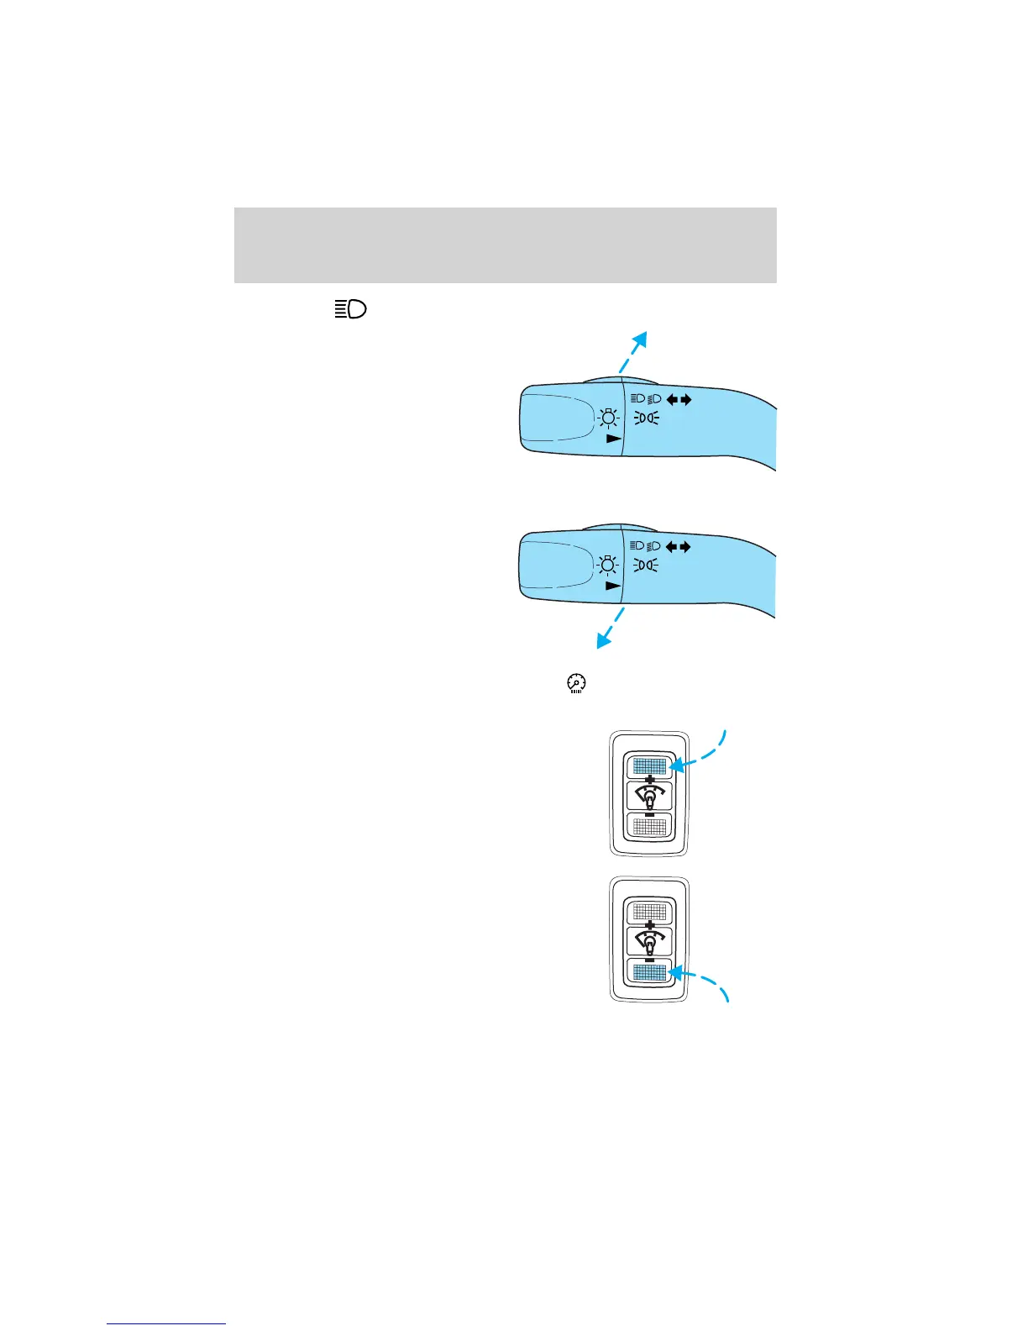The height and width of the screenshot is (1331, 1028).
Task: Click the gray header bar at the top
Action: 505,245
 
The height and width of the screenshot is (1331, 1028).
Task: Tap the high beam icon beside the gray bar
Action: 351,309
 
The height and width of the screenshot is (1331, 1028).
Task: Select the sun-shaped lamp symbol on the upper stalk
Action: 608,418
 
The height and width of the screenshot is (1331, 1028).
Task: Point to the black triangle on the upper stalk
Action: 614,439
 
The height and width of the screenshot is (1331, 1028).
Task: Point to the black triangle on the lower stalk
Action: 614,586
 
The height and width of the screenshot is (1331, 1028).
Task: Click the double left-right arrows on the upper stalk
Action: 679,399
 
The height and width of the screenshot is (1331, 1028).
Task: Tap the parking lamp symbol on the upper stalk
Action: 646,418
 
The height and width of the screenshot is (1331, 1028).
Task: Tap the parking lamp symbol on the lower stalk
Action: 646,566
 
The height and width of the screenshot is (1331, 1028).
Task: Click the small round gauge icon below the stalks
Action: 576,683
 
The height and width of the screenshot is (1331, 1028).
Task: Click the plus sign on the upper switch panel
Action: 649,781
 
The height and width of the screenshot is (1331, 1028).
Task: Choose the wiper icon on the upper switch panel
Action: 649,797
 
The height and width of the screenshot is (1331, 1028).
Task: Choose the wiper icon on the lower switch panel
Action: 649,941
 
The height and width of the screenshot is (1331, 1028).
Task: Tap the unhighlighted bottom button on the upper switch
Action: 649,826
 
